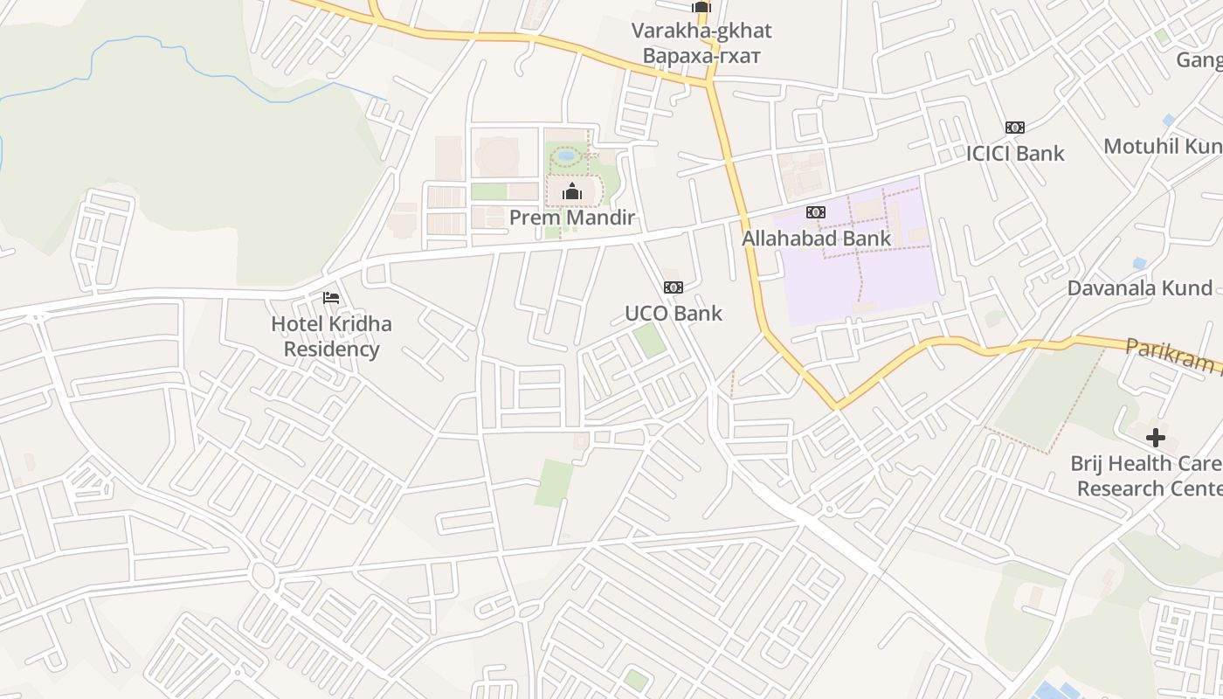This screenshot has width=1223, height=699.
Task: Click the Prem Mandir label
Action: tap(571, 218)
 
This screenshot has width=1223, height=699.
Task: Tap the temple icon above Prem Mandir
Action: tap(572, 191)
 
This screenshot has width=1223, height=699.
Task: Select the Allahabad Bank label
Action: tap(816, 238)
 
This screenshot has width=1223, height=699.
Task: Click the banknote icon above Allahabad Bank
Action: tap(815, 212)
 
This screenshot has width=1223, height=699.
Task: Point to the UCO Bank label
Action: tap(673, 313)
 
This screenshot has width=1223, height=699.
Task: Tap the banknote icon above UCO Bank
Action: tap(673, 287)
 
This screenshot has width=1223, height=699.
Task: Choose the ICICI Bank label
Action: tap(1014, 153)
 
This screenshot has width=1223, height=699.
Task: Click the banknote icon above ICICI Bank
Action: tap(1014, 128)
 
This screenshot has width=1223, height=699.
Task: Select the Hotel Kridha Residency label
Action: tap(331, 336)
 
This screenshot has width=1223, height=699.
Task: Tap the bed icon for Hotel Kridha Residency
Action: tap(331, 298)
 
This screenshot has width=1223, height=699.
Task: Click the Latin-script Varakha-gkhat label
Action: tap(701, 31)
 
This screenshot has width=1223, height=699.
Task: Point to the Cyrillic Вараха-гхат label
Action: tap(701, 56)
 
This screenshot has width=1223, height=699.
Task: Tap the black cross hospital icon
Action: tap(1156, 437)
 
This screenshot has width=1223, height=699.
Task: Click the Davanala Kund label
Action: tap(1140, 288)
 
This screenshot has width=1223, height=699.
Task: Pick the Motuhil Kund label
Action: tap(1162, 146)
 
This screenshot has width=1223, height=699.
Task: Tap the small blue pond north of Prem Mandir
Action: tap(566, 156)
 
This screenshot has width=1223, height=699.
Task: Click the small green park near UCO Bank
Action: tap(649, 340)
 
